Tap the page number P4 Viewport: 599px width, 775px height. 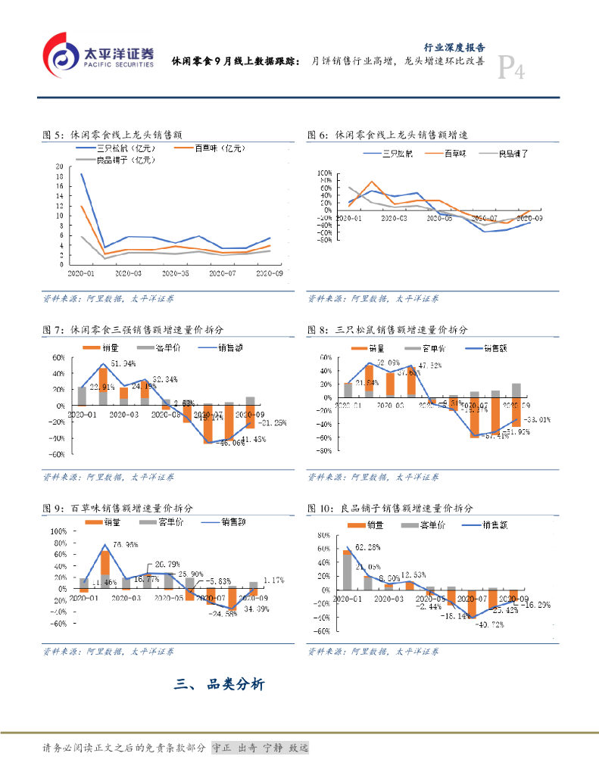coord(510,70)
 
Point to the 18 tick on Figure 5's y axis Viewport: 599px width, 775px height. coord(60,177)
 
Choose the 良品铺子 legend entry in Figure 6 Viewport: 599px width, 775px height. coord(519,154)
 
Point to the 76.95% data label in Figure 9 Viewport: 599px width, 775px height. coord(125,544)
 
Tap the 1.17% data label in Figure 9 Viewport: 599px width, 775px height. coord(272,580)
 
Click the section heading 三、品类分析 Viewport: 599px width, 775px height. coord(220,685)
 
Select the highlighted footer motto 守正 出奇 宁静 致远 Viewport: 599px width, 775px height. coord(260,748)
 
